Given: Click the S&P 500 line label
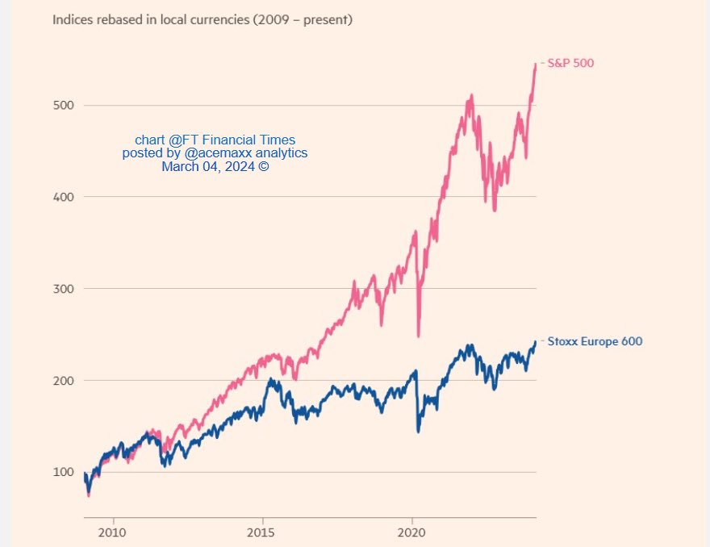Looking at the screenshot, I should [570, 63].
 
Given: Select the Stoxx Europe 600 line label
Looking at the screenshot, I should [595, 341].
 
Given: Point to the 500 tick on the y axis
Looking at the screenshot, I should [64, 105].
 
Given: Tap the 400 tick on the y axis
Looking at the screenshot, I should [64, 197].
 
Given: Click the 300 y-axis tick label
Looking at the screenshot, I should [64, 288].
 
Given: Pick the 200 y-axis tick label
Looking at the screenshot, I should [64, 380].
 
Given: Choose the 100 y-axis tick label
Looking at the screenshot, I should [64, 472].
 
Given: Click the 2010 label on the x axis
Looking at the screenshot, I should [113, 532].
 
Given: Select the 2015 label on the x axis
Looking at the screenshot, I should [262, 532].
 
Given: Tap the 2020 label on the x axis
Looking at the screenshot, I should [412, 532].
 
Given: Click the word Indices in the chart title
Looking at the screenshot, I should [73, 19].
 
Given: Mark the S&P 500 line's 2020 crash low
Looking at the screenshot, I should [418, 336].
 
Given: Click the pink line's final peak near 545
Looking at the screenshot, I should [535, 64].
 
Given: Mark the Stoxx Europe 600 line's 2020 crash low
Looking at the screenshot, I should [418, 432].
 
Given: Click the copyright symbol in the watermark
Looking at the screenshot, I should [263, 167].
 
